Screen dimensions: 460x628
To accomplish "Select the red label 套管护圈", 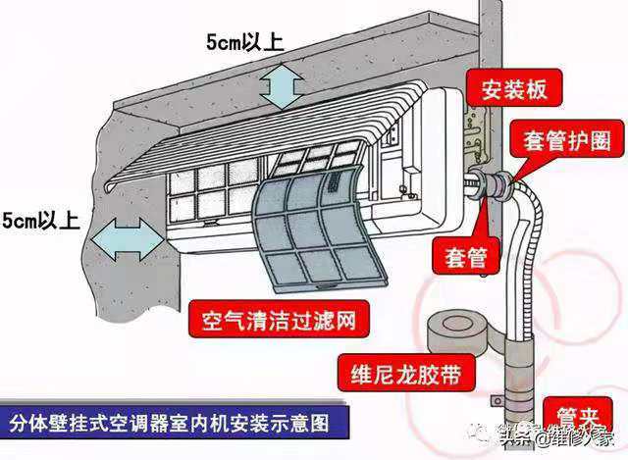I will pos(573,139).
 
